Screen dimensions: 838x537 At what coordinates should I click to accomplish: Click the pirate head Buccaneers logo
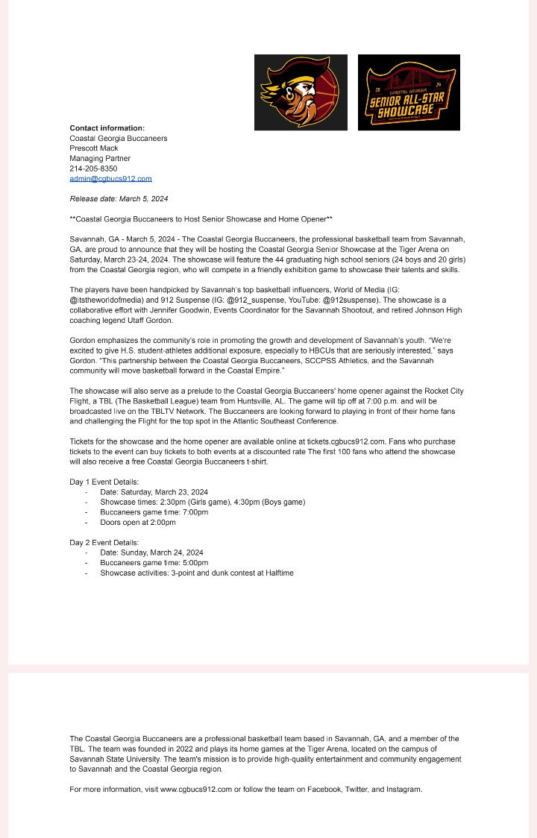[301, 92]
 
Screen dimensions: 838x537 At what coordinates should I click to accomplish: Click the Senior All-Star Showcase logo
[409, 92]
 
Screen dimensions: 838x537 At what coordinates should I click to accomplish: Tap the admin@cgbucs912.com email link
[110, 179]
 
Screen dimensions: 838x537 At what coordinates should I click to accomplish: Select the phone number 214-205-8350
[93, 168]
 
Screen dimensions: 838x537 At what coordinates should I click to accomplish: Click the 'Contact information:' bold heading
[107, 128]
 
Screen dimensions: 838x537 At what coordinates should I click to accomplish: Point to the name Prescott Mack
[94, 148]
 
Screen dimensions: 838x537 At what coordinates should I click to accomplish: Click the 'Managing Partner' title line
[100, 159]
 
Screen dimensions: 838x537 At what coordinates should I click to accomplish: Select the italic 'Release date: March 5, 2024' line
[119, 199]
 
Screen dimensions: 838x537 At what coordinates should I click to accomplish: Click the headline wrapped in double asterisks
[201, 219]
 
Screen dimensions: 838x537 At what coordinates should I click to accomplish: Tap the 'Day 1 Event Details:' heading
[104, 482]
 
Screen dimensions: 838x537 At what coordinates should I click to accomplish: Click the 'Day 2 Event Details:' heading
[104, 543]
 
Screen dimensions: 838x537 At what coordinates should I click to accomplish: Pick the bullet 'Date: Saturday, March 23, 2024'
[154, 492]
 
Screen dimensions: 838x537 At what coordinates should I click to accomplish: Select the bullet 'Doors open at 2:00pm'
[138, 523]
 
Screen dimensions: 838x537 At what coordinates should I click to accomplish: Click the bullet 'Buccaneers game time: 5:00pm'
[154, 563]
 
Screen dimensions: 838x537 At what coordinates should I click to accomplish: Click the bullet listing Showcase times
[202, 503]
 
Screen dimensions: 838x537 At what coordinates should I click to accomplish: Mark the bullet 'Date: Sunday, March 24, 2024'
[151, 552]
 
